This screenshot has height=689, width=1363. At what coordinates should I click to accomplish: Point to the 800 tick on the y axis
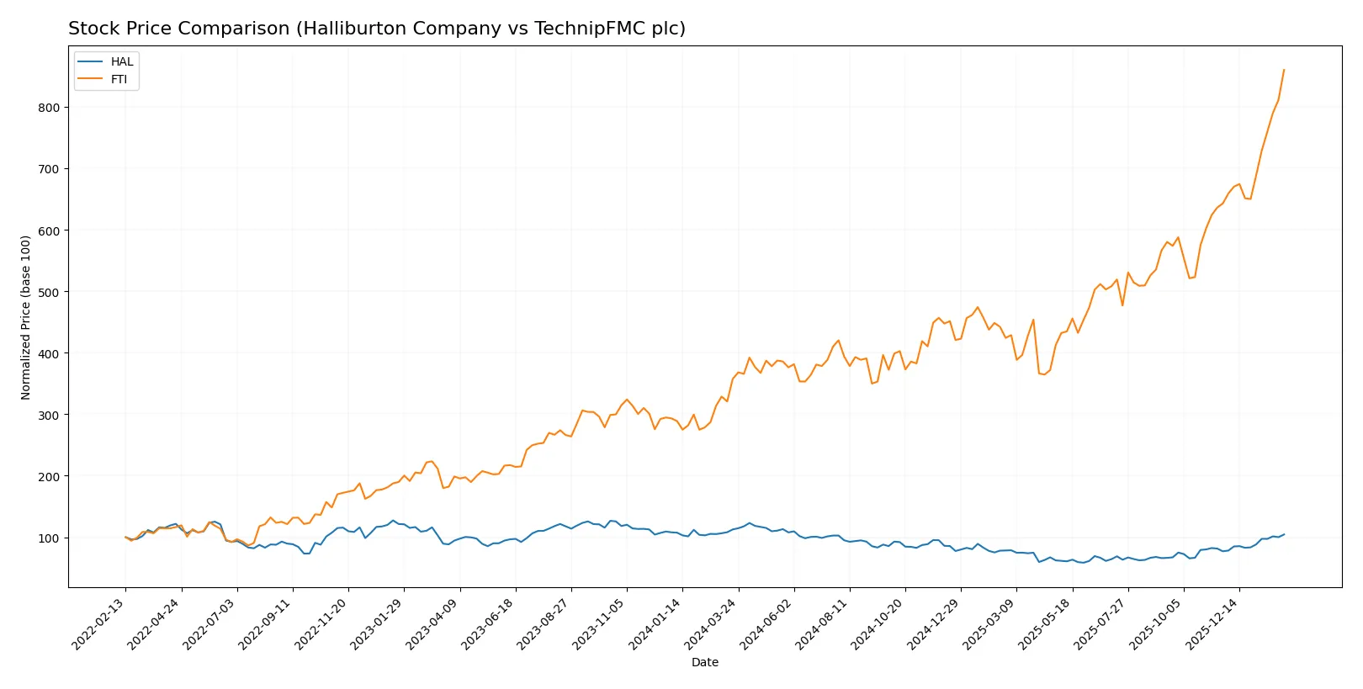click(x=49, y=108)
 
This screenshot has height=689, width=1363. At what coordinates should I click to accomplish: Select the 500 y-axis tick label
click(x=49, y=292)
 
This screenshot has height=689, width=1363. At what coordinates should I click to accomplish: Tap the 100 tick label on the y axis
click(x=49, y=538)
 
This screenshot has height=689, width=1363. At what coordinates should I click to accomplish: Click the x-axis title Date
click(x=704, y=662)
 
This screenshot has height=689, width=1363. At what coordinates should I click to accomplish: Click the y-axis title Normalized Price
click(x=25, y=317)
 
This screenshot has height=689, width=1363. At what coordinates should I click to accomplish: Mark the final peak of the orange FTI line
click(x=1284, y=70)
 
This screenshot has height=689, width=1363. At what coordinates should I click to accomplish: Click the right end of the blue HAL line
click(x=1284, y=534)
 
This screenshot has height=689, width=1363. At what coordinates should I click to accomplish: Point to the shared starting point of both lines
click(x=125, y=537)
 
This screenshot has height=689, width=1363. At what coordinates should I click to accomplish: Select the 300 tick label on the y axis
click(x=49, y=415)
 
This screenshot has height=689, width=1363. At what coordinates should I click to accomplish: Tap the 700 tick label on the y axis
click(x=49, y=169)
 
